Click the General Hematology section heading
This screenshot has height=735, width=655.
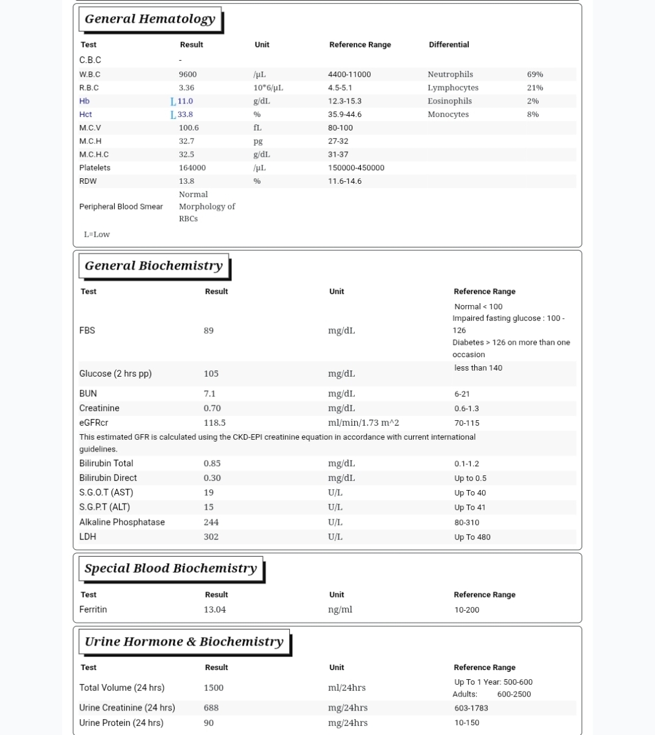(x=150, y=19)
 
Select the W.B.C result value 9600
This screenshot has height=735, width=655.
(x=187, y=74)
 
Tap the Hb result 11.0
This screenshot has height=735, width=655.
(x=185, y=101)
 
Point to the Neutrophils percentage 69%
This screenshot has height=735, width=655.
(x=535, y=74)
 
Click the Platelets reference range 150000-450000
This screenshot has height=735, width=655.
(x=356, y=168)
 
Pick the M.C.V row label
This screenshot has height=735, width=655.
(x=90, y=128)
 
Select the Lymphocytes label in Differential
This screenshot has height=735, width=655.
(x=453, y=88)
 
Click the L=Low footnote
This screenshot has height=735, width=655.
(x=97, y=235)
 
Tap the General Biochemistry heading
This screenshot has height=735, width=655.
(x=153, y=266)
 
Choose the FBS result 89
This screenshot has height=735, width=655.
(x=208, y=331)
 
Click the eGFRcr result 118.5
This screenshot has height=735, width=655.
(x=214, y=423)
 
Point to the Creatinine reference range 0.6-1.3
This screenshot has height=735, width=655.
(x=466, y=409)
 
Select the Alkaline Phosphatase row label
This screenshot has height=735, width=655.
(x=122, y=522)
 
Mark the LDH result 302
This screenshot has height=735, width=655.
(x=211, y=537)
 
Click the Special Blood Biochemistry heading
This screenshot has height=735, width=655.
(x=170, y=568)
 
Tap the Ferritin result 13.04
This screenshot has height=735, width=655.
(x=214, y=609)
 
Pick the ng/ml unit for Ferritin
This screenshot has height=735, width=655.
(x=340, y=609)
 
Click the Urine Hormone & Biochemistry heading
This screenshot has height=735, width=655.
(x=184, y=642)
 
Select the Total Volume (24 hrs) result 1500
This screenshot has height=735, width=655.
(x=213, y=688)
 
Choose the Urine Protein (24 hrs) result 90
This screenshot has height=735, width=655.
(x=208, y=723)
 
